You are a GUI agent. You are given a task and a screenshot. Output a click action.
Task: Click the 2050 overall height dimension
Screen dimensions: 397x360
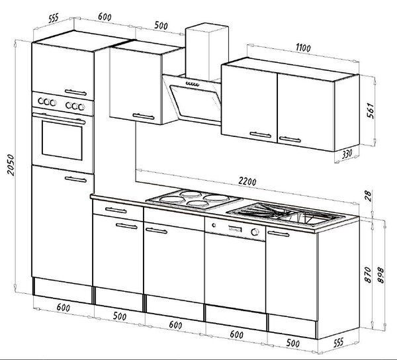tap(11, 165)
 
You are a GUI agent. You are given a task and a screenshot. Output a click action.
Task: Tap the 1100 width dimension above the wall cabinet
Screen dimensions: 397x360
tap(303, 48)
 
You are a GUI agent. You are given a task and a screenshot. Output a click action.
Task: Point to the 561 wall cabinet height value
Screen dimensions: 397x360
tap(370, 111)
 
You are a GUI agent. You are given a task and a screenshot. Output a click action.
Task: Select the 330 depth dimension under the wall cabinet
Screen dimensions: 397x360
tap(347, 154)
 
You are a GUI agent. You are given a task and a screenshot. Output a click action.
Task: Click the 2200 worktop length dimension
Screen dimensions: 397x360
tap(247, 181)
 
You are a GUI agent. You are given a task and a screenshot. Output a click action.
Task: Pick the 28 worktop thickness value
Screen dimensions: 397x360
tap(369, 196)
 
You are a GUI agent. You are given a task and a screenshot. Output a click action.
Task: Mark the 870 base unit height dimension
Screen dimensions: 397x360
tap(368, 275)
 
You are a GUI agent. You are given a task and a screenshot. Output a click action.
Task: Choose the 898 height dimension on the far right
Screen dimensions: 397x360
tap(380, 275)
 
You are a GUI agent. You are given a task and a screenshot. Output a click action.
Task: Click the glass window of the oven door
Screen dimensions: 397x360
tap(62, 140)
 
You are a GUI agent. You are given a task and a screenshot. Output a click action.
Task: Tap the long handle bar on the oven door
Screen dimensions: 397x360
tap(59, 118)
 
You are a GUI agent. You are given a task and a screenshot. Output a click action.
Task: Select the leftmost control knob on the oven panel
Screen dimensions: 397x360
tap(41, 101)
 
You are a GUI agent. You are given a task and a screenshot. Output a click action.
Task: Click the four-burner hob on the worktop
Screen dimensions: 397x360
tap(194, 199)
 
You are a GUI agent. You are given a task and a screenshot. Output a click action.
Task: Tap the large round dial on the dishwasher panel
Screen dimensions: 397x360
tap(255, 232)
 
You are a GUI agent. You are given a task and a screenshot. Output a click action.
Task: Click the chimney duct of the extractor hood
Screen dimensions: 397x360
tap(206, 52)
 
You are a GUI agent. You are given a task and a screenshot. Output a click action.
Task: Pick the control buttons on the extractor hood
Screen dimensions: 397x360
tap(193, 83)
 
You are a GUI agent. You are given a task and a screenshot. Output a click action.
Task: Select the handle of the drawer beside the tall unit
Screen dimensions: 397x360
tap(116, 210)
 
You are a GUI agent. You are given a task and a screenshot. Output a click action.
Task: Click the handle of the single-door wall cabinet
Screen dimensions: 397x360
tap(144, 116)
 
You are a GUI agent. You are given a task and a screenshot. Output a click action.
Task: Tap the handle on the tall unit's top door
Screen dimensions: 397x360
tap(75, 93)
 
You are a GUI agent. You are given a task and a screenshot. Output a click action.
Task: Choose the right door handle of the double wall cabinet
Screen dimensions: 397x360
tap(290, 139)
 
